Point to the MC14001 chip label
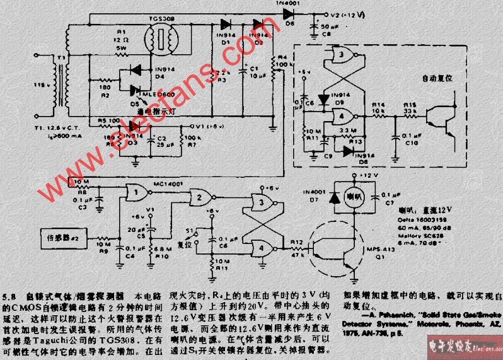click(x=167, y=183)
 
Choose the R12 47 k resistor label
click(x=298, y=246)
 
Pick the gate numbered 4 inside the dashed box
click(x=340, y=115)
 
